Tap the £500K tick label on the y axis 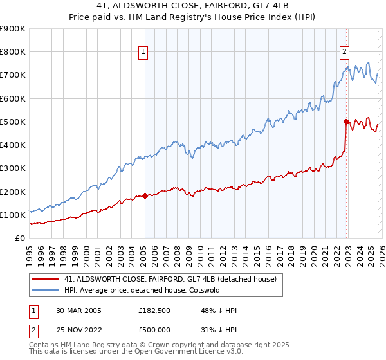tap(13, 122)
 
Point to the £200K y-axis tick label tap(13, 192)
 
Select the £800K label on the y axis tap(13, 52)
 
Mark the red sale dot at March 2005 tap(145, 195)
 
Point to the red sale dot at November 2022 tap(346, 122)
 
